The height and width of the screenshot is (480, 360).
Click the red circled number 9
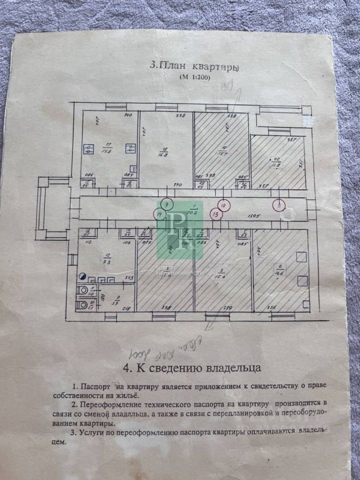(x=167, y=204)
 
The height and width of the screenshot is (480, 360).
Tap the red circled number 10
(x=223, y=205)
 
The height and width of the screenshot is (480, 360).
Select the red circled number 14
(x=159, y=214)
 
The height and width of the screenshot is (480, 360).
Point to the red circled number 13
(x=216, y=214)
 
